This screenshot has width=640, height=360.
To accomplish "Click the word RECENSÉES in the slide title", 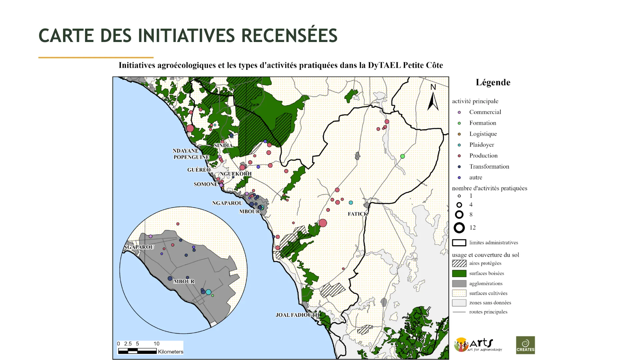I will tap(289, 36).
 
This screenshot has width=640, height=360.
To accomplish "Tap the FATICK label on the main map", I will tap(358, 214).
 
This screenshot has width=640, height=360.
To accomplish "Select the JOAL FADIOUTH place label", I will tap(297, 315).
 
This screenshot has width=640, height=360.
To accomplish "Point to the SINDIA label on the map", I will tap(223, 145).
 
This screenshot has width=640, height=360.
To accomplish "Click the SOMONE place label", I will tap(205, 184).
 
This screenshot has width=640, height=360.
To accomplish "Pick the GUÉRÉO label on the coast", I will tap(199, 170).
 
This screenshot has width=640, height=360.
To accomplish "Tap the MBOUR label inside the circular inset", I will tap(184, 282).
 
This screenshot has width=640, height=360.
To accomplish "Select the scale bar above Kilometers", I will tap(137, 351).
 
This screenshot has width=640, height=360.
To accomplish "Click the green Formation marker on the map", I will tap(402, 156).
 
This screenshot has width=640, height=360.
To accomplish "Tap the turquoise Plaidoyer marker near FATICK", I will tap(351, 203).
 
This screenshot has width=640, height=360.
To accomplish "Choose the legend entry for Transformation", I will tap(489, 167).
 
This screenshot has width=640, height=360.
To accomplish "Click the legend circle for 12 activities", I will tap(459, 228).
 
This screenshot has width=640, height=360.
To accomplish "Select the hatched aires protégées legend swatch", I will tap(459, 263).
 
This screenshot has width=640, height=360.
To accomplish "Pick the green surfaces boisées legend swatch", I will tap(459, 274).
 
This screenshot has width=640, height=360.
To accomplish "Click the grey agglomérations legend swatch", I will tap(459, 284).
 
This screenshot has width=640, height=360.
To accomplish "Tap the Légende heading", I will tap(493, 83).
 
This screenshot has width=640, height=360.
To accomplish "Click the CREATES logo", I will tap(525, 345).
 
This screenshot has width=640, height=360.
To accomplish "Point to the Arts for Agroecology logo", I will tap(478, 345).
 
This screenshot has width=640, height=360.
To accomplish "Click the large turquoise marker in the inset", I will tap(208, 292).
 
